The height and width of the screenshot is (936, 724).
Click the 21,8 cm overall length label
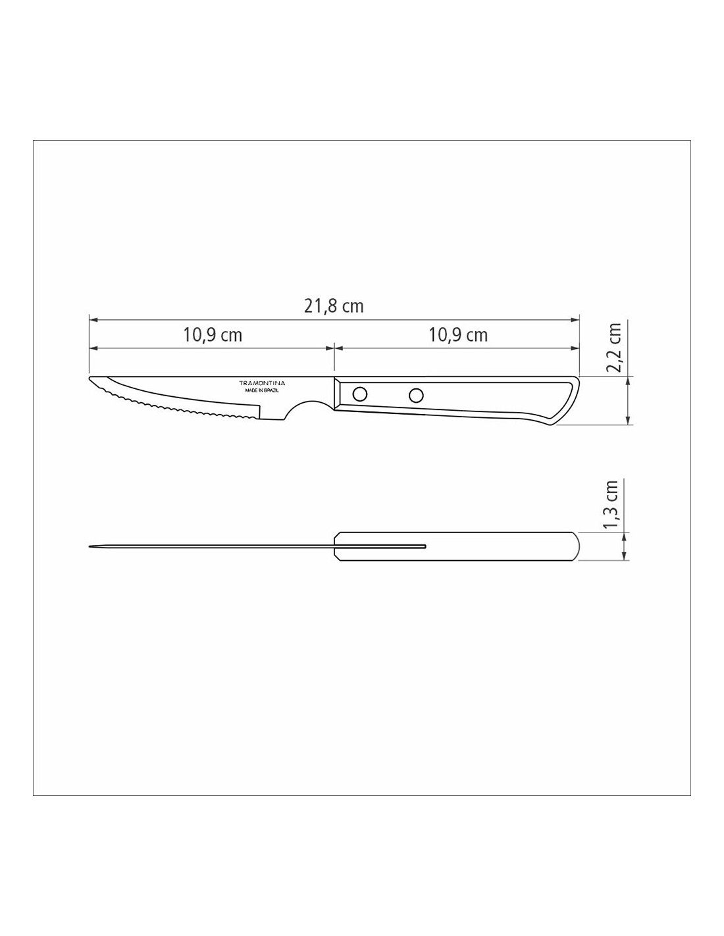pyautogui.click(x=334, y=306)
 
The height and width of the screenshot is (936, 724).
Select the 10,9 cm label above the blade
pyautogui.click(x=213, y=334)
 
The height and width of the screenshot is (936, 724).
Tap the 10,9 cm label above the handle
pyautogui.click(x=458, y=334)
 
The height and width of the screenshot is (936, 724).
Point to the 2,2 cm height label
pyautogui.click(x=614, y=347)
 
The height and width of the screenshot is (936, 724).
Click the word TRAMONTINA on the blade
pyautogui.click(x=263, y=383)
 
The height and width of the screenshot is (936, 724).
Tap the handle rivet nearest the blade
pyautogui.click(x=359, y=394)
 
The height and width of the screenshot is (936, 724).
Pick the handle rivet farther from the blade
pyautogui.click(x=416, y=394)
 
